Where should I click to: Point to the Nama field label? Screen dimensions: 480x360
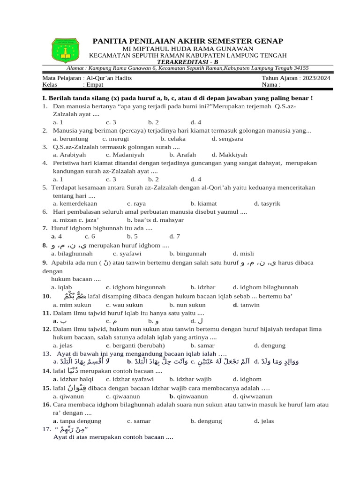pos(271,85)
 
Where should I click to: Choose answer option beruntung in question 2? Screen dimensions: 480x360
pos(71,138)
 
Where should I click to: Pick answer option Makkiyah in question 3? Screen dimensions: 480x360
pos(229,155)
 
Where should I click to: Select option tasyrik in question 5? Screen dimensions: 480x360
pos(267,203)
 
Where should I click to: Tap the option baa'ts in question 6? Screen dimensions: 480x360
pos(141,219)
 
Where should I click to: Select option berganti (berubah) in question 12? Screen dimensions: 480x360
pos(146,345)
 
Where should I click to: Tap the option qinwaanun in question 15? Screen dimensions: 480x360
pos(190,396)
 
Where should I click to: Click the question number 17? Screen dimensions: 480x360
pos(46,429)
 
